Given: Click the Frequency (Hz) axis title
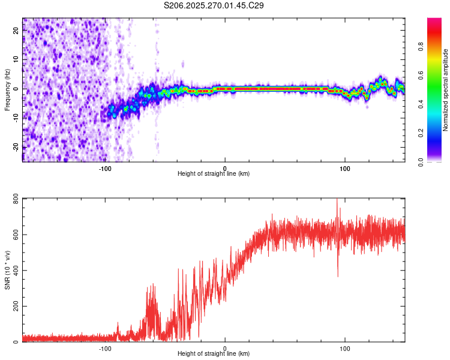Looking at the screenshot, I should tap(8, 90).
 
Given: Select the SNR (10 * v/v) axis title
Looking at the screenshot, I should tap(8, 269).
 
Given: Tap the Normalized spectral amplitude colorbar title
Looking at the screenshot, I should tap(446, 90).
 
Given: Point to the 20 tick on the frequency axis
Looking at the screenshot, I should tap(16, 31).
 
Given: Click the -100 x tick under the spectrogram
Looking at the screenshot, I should tap(106, 168).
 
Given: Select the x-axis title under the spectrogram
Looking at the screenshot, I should tap(214, 174).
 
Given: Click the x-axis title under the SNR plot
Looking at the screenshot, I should tap(214, 354).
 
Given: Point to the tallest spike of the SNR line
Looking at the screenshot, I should tap(337, 200).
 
